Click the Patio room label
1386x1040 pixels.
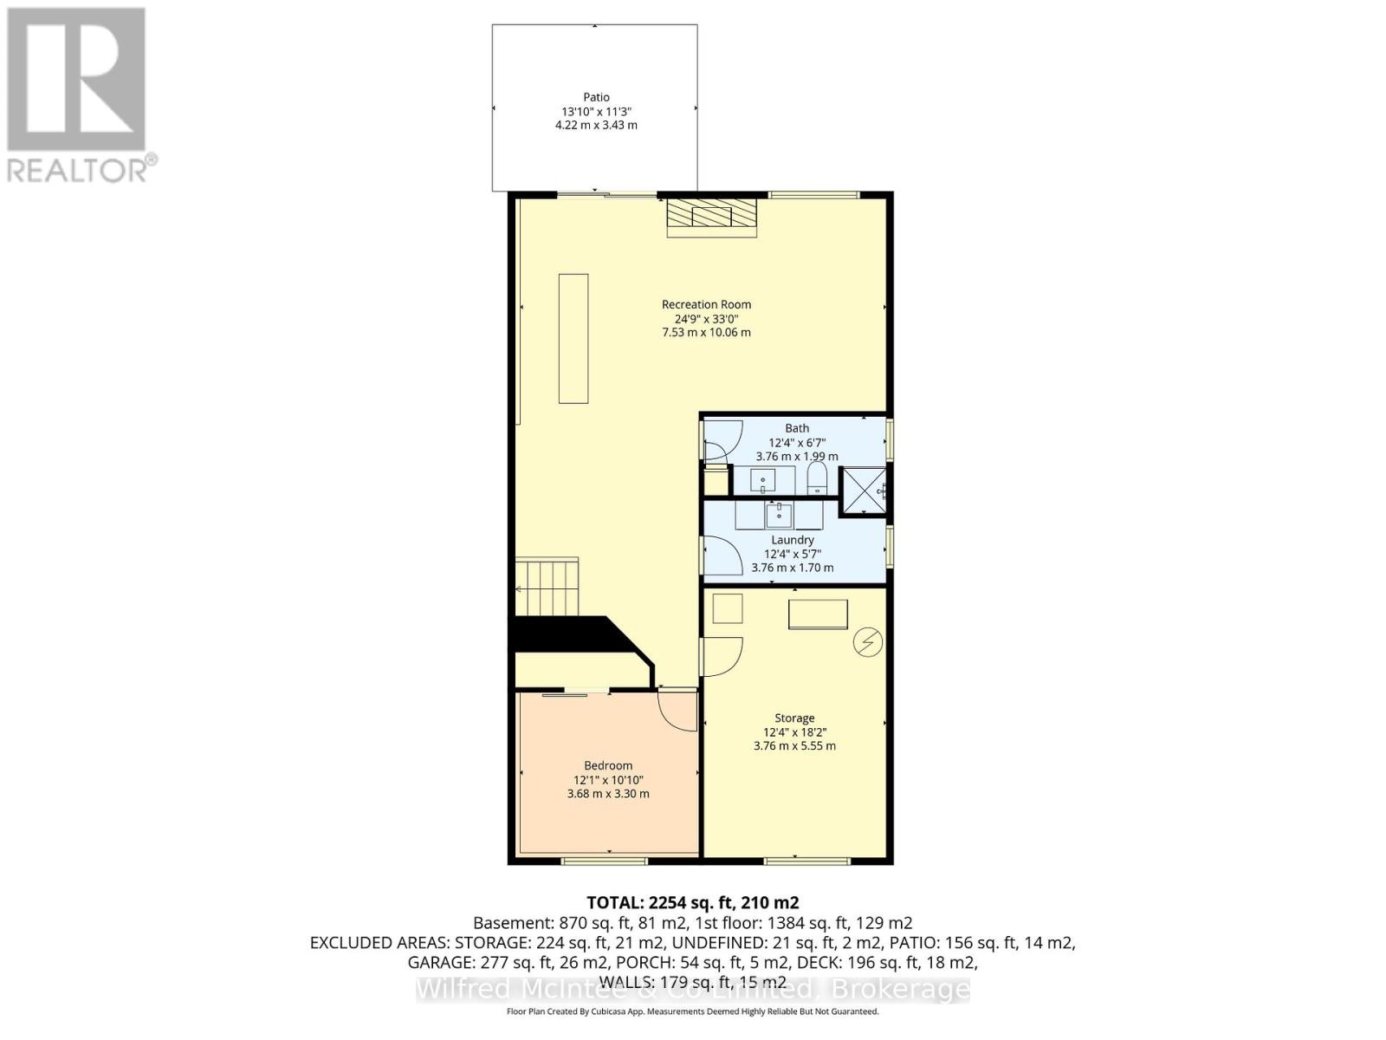coord(596,97)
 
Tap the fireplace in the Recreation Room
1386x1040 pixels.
coord(711,217)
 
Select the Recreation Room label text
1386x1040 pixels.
coord(706,304)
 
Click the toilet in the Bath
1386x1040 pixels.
coord(817,478)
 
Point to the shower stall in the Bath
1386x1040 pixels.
coord(863,491)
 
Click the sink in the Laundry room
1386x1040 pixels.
coord(779,516)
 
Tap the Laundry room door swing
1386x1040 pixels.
coord(721,556)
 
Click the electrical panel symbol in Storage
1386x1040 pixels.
coord(867,642)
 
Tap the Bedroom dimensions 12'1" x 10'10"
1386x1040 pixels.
coord(608,779)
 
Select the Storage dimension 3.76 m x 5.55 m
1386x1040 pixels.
coord(794,745)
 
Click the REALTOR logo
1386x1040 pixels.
coord(78,95)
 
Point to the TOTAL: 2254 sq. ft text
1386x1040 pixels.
coord(693,902)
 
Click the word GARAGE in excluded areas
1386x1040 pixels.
coord(439,962)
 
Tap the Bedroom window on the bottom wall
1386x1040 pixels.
coord(604,861)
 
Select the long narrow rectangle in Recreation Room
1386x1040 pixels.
coord(573,338)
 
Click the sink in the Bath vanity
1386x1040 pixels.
coord(762,480)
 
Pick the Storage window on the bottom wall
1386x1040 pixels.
coord(807,861)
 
